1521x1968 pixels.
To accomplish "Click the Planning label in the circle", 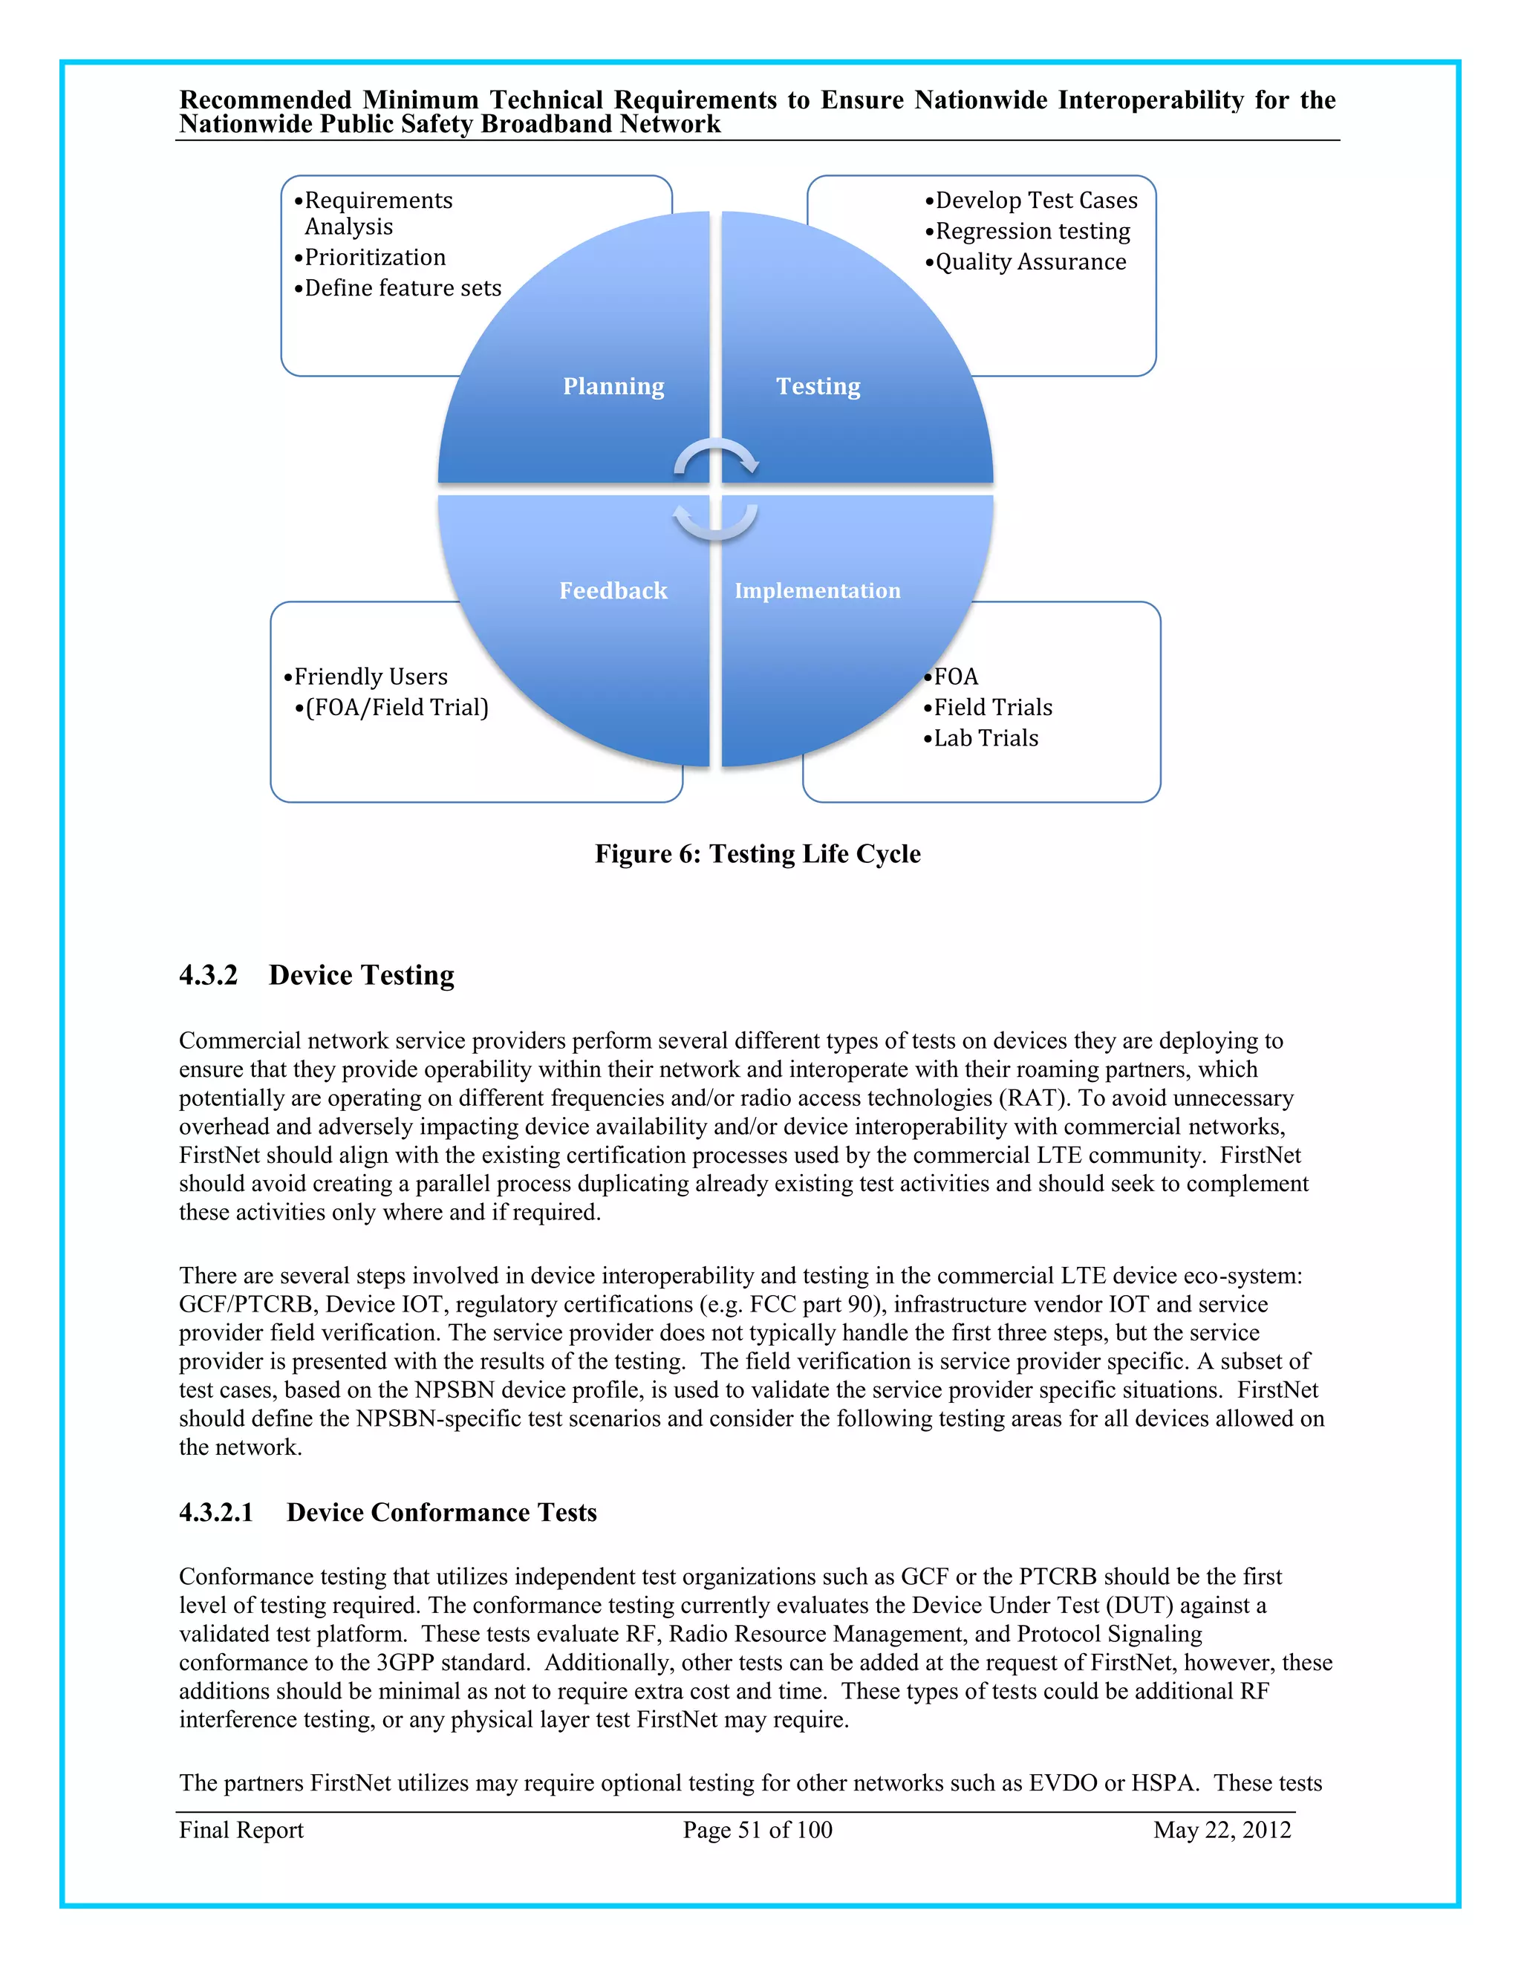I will [613, 387].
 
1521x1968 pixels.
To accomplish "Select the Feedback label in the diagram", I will [613, 591].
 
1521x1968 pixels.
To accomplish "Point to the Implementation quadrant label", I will [816, 591].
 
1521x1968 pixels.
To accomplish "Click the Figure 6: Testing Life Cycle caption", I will [758, 854].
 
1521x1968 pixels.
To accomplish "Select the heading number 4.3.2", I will [208, 975].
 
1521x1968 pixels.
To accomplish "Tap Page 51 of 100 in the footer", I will [757, 1830].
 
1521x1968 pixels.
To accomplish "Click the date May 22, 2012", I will [1222, 1830].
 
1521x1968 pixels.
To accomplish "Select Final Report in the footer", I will [241, 1830].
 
